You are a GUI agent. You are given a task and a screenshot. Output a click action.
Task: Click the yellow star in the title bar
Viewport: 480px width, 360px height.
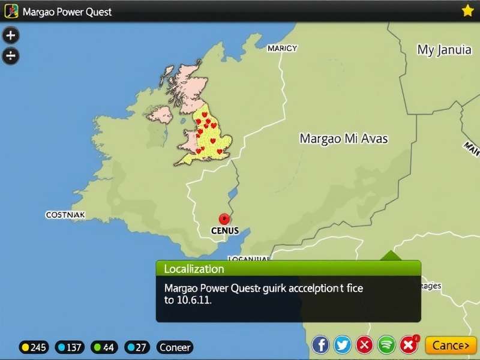[x=468, y=10]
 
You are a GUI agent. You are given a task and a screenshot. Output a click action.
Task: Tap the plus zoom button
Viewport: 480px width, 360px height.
[x=11, y=35]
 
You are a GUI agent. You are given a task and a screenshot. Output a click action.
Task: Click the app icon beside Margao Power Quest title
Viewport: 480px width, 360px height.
[x=11, y=11]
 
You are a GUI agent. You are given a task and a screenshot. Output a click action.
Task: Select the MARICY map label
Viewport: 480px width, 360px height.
[x=282, y=49]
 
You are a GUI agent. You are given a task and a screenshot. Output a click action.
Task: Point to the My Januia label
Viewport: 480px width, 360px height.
[x=444, y=50]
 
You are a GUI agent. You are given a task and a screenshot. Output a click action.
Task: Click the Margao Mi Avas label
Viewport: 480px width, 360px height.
[x=343, y=139]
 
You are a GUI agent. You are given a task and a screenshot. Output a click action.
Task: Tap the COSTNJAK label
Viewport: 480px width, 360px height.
[x=65, y=214]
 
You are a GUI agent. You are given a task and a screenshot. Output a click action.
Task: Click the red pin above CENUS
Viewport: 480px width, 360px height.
[x=225, y=219]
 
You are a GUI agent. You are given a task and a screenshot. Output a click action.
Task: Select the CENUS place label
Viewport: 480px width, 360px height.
[x=225, y=230]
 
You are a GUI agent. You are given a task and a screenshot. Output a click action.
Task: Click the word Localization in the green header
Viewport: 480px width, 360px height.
[x=194, y=269]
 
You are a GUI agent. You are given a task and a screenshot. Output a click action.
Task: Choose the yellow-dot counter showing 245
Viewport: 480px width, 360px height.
[x=34, y=347]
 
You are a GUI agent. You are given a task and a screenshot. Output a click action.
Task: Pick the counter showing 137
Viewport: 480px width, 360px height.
[x=70, y=347]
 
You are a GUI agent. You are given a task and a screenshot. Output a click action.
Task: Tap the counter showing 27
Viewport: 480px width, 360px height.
[x=137, y=347]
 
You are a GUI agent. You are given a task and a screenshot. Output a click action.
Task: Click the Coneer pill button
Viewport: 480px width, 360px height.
[x=175, y=347]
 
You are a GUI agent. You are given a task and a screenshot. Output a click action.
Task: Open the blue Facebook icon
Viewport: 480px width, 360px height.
[x=321, y=345]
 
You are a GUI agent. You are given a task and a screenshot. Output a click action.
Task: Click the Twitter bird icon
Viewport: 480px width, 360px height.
[x=343, y=345]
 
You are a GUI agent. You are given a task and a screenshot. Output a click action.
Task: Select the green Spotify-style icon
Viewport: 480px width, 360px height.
[x=386, y=345]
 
